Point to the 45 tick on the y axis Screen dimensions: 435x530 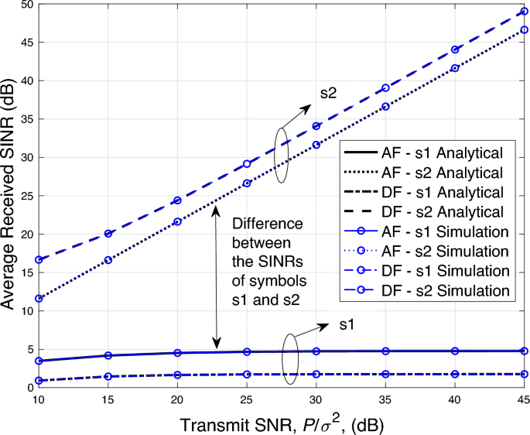coord(21,43)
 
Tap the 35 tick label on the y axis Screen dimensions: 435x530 coord(21,119)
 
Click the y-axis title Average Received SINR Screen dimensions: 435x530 coord(9,196)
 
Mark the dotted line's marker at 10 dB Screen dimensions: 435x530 coord(39,298)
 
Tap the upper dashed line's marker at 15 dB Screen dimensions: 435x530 coord(108,234)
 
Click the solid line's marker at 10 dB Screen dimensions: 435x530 coord(39,361)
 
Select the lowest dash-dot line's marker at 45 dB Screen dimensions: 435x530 coord(525,374)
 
